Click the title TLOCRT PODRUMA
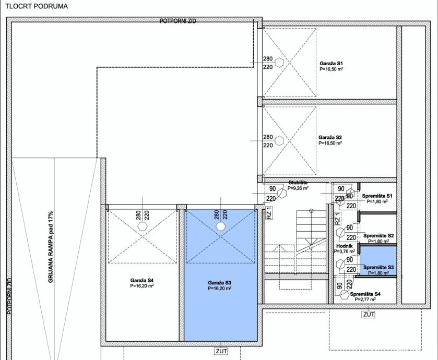(37, 6)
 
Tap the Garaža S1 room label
(332, 63)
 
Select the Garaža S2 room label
(330, 138)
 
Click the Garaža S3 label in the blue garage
(220, 283)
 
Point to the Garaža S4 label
(142, 281)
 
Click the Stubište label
(298, 183)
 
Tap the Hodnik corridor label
(345, 246)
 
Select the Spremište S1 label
(377, 196)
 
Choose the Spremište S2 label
(378, 236)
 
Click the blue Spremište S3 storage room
(378, 260)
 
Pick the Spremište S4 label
(365, 294)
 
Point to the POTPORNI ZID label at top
(178, 21)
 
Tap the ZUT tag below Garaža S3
(221, 351)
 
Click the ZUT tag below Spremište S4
(369, 315)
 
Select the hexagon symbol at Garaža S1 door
(279, 63)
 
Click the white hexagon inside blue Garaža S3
(221, 226)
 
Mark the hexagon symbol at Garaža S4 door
(143, 226)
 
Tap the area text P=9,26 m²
(298, 188)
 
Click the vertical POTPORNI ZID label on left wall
(9, 296)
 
